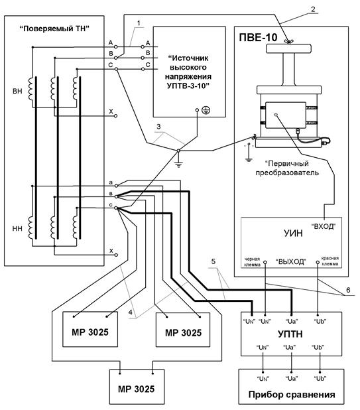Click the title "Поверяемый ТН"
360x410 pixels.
tap(54, 29)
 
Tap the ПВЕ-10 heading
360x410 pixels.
tap(258, 37)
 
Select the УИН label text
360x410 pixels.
tap(293, 233)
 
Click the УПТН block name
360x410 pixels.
tap(290, 334)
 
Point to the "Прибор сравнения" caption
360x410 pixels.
tap(292, 395)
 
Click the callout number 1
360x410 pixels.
tap(139, 23)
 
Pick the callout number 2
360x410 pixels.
tap(313, 9)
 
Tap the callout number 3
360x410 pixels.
tap(158, 127)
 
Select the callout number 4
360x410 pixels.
tap(130, 312)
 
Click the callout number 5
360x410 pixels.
tap(213, 261)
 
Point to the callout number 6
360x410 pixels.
tap(348, 290)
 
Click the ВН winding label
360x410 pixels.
tap(17, 92)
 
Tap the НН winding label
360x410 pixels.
tap(17, 229)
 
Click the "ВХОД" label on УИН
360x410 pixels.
tap(324, 226)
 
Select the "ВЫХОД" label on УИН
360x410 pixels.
tap(291, 261)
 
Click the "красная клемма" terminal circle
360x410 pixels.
tap(318, 262)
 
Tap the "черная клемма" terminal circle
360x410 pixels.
tap(265, 262)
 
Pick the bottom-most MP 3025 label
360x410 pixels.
tap(136, 389)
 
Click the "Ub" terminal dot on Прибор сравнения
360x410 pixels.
tap(320, 372)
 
